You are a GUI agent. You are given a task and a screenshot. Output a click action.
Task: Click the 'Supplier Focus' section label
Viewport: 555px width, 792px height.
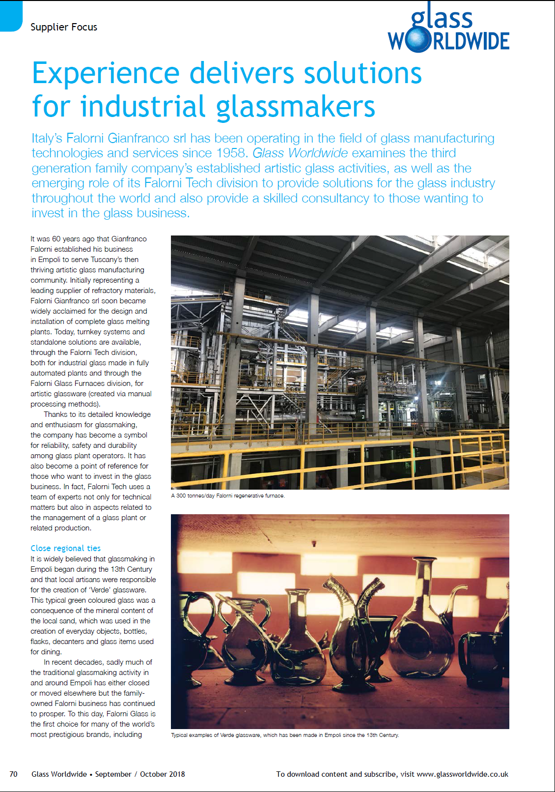[x=64, y=27]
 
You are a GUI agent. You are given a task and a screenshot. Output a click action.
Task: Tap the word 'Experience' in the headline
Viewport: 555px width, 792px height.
[x=106, y=73]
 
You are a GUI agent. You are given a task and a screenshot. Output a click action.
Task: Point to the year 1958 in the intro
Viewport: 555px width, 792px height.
[x=230, y=153]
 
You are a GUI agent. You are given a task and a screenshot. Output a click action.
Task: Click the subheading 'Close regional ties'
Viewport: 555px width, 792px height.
[x=65, y=548]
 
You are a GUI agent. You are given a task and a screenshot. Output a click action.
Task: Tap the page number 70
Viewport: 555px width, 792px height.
[x=13, y=774]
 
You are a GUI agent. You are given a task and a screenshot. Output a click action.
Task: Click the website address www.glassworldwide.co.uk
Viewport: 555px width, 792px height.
[x=462, y=774]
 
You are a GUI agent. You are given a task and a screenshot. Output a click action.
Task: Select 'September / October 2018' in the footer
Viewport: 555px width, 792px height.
[x=140, y=774]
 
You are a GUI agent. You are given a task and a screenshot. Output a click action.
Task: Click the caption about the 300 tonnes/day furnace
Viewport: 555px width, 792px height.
[x=228, y=496]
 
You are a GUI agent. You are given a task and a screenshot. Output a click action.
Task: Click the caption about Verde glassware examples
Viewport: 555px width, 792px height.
[x=285, y=735]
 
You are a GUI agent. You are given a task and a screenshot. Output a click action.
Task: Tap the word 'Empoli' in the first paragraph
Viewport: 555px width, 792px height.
[x=49, y=260]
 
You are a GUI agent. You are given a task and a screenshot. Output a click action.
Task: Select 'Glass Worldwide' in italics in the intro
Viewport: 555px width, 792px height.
[x=300, y=153]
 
